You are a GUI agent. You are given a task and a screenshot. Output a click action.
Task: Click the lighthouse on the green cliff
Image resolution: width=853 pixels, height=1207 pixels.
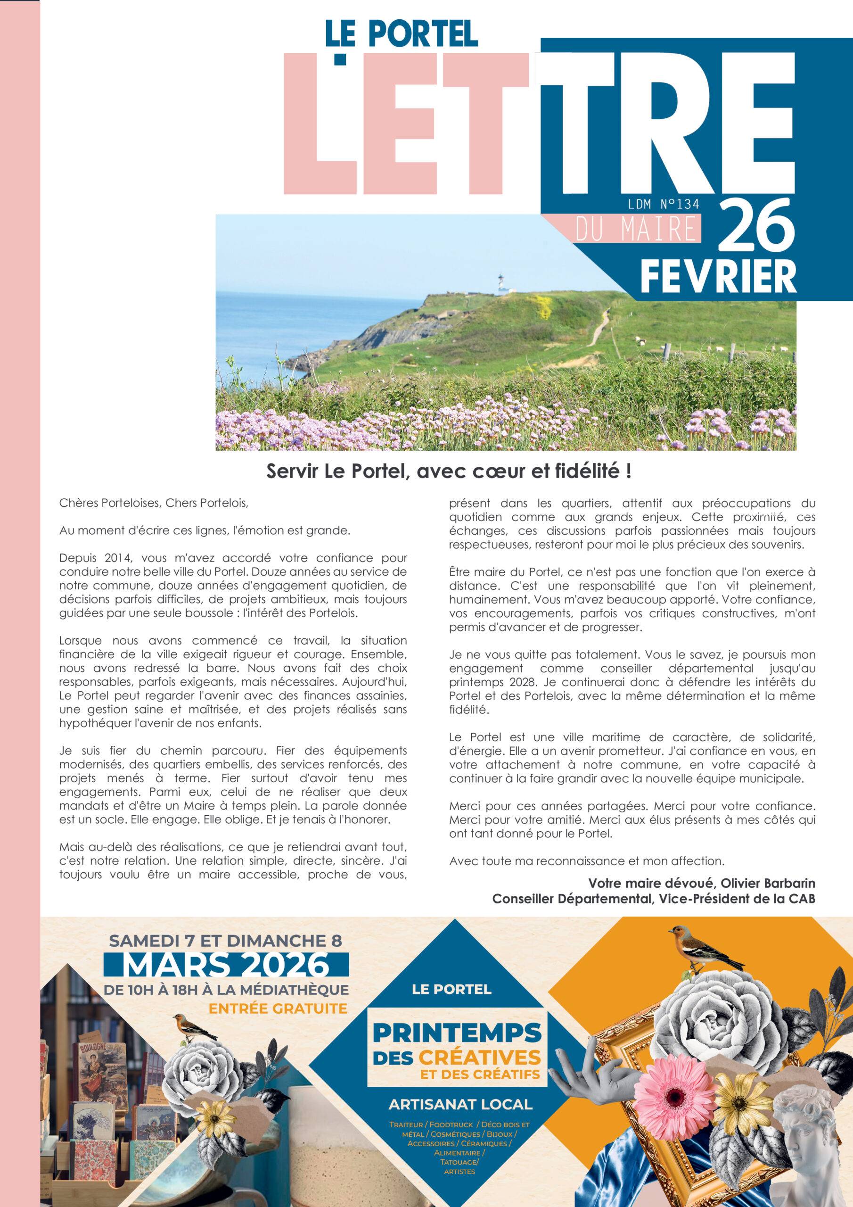click(501, 284)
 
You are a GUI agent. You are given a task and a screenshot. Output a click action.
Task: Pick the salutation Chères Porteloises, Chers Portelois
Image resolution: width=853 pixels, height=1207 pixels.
click(154, 503)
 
